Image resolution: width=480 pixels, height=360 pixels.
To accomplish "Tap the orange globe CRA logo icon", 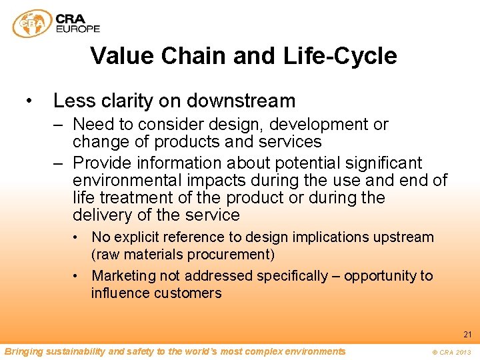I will [32, 23].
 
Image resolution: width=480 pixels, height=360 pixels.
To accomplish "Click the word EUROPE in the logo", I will [78, 29].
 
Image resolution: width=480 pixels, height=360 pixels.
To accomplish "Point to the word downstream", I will [241, 101].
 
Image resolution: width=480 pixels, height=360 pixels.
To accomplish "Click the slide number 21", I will [467, 335].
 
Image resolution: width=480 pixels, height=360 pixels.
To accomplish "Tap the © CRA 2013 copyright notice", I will [451, 352].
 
